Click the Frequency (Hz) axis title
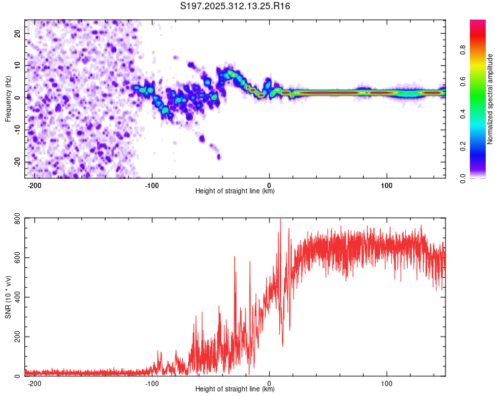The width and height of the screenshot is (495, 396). point(8,99)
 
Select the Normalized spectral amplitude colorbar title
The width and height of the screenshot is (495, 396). point(490,99)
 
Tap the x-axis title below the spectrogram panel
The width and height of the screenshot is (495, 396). point(235,191)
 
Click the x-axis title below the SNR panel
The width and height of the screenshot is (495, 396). point(235,389)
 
